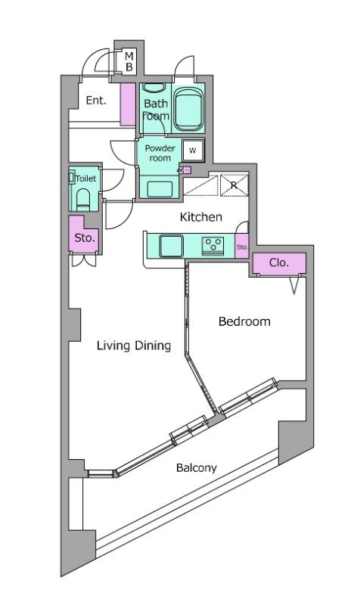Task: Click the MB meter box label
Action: pos(129,61)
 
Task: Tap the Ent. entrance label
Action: pos(96,100)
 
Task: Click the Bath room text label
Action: pos(155,110)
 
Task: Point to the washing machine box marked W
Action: pos(192,150)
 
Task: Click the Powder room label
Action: pos(160,153)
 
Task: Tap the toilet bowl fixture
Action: pos(83,199)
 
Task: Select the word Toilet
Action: pos(85,179)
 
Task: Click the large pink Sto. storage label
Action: pos(83,237)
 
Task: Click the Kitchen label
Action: pos(200,218)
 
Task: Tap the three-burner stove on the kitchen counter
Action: pos(213,244)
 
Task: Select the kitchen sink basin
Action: pos(170,245)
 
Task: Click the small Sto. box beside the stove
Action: pos(242,247)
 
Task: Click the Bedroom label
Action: pos(244,321)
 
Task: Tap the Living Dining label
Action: pos(133,346)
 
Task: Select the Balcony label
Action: pos(196,468)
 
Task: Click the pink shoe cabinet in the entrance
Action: pos(128,104)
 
